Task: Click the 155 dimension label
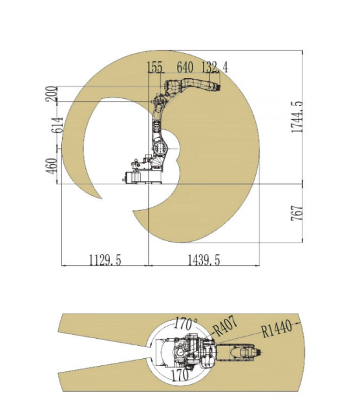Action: pyautogui.click(x=155, y=67)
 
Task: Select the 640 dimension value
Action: pyautogui.click(x=185, y=67)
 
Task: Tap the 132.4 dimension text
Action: pyautogui.click(x=215, y=67)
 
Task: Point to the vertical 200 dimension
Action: pyautogui.click(x=51, y=94)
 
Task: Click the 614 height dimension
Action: pyautogui.click(x=57, y=125)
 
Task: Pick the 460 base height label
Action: pyautogui.click(x=52, y=166)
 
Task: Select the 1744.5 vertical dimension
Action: pyautogui.click(x=297, y=117)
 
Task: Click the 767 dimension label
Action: pyautogui.click(x=297, y=213)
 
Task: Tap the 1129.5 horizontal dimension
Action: pyautogui.click(x=105, y=260)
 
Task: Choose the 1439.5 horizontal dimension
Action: pyautogui.click(x=204, y=260)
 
